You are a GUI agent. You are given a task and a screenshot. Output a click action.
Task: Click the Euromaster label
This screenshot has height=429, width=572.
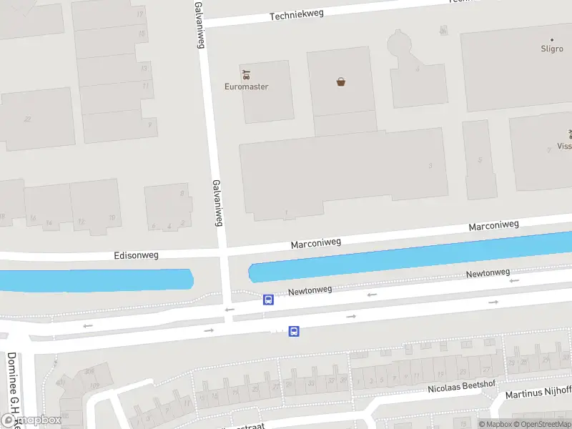click(247, 87)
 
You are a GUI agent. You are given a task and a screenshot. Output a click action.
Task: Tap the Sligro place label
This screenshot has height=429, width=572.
click(551, 49)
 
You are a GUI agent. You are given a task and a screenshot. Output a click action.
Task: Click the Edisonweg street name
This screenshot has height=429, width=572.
click(137, 255)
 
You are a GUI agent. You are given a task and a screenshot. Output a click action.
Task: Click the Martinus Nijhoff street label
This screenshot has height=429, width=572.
click(538, 391)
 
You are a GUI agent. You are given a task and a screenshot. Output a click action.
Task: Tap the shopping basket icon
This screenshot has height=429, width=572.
click(341, 82)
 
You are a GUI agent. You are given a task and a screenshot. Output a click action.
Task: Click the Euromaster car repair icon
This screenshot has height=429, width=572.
click(247, 74)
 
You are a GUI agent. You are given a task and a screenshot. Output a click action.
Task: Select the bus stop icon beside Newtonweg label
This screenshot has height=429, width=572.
click(268, 300)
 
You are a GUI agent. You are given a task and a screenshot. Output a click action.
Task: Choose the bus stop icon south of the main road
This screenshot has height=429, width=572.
click(294, 331)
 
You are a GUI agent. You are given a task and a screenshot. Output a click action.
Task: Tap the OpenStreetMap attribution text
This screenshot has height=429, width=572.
click(541, 424)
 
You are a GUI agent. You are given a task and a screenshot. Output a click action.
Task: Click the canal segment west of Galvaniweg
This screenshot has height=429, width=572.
click(97, 280)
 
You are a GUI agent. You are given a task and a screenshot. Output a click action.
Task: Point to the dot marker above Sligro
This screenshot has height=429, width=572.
click(551, 40)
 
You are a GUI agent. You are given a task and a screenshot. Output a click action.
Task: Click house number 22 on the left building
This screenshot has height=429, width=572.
click(27, 119)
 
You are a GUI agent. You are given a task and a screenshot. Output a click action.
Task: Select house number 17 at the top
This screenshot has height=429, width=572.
click(139, 14)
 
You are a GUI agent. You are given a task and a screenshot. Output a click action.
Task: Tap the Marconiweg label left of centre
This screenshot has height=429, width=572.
click(315, 243)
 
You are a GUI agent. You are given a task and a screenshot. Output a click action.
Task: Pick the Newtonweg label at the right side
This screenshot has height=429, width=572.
click(488, 273)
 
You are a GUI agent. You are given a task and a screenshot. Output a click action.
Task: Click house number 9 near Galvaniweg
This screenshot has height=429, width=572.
click(149, 124)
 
